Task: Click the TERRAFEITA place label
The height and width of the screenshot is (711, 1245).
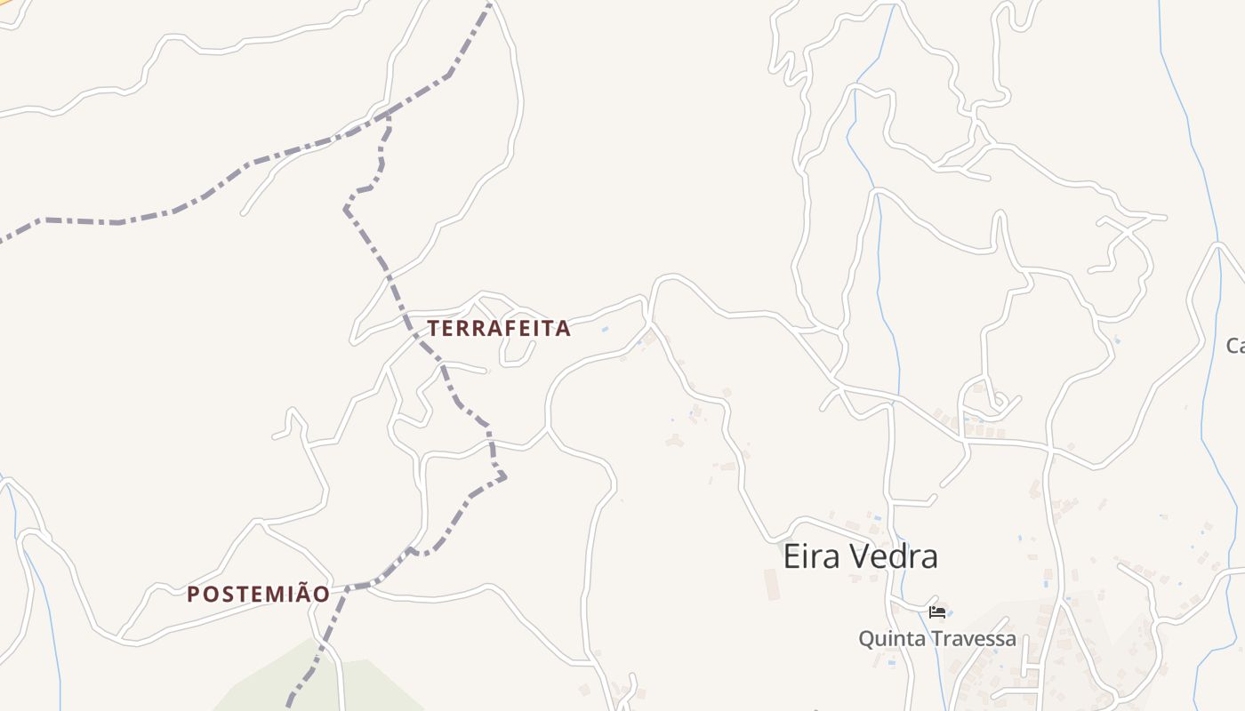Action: (499, 328)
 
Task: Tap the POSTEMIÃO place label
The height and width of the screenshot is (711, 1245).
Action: (258, 595)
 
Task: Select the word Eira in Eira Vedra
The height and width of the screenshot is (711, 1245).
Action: (811, 557)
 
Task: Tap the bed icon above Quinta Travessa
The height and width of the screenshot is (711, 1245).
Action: (936, 611)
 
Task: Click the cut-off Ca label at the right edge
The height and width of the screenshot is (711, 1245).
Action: (1235, 346)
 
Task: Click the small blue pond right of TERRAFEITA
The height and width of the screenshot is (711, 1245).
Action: (606, 330)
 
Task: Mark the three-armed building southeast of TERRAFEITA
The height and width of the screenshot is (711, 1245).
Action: (675, 441)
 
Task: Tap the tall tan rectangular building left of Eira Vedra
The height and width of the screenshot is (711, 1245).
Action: (771, 584)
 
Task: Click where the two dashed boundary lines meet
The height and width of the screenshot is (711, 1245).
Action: (388, 115)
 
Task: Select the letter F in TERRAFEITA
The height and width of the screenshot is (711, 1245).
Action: (511, 328)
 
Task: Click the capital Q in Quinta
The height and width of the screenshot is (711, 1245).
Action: (865, 638)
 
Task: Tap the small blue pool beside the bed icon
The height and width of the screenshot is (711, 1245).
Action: (950, 612)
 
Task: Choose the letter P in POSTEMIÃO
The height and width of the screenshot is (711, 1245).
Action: (193, 595)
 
